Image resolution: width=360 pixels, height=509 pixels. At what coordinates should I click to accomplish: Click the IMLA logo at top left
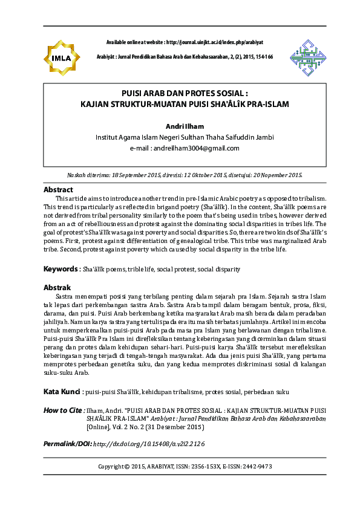coord(62,57)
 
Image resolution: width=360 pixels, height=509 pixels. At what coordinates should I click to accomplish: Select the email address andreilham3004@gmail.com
coord(194,148)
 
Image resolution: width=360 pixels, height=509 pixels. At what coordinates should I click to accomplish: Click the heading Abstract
coord(58,189)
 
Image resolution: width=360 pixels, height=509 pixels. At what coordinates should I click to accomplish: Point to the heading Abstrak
coord(57,287)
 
